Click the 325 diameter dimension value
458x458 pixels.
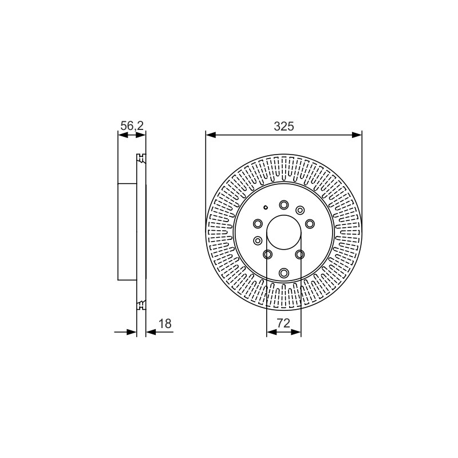point(283,126)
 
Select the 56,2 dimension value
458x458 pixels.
point(132,126)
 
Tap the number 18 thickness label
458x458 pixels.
point(165,323)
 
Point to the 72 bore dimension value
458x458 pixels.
point(283,323)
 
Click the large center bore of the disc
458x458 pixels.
point(283,232)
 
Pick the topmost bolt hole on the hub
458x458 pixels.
point(283,205)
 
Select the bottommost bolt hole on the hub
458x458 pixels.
point(283,273)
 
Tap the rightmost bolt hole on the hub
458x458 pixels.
point(310,224)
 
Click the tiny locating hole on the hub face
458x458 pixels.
point(266,207)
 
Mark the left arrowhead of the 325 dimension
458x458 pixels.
point(211,135)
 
